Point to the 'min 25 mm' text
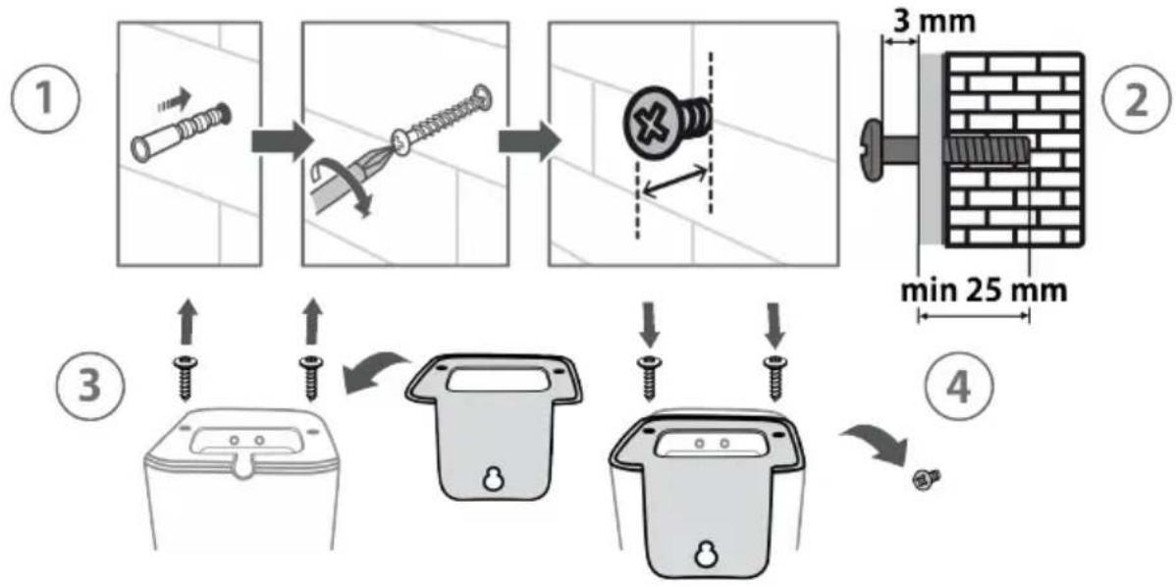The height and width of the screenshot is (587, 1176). [x=984, y=291]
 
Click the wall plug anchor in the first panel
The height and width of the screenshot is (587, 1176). [x=181, y=132]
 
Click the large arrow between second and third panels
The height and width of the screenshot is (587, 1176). [x=529, y=141]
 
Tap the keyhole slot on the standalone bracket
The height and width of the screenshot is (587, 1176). [x=492, y=479]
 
